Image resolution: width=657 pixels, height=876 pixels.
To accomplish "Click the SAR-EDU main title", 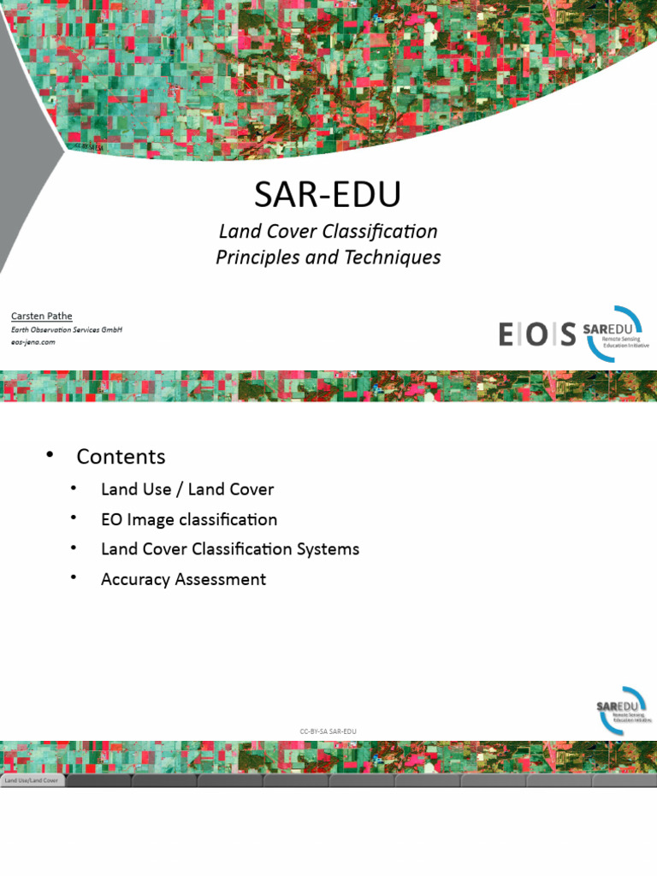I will [328, 196].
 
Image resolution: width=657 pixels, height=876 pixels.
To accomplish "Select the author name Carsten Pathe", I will [41, 317].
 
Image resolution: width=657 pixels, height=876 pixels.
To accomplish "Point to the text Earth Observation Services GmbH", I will [66, 329].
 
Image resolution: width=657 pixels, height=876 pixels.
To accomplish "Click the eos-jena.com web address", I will [33, 342].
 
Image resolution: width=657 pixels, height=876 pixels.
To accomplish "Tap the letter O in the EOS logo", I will [536, 334].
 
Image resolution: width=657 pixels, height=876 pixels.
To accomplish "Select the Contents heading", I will [121, 457].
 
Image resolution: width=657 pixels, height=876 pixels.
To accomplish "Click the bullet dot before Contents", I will [50, 454].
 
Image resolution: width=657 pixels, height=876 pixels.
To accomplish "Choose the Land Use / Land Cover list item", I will [187, 489].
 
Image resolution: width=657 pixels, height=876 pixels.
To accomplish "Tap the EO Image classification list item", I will [189, 519].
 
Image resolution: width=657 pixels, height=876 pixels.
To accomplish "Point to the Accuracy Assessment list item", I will [183, 579].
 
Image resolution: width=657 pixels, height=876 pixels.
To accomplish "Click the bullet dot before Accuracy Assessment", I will [74, 577].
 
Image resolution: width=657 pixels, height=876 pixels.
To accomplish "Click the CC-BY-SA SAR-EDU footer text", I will [328, 731].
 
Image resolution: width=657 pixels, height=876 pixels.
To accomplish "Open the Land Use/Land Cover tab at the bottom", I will [33, 781].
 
